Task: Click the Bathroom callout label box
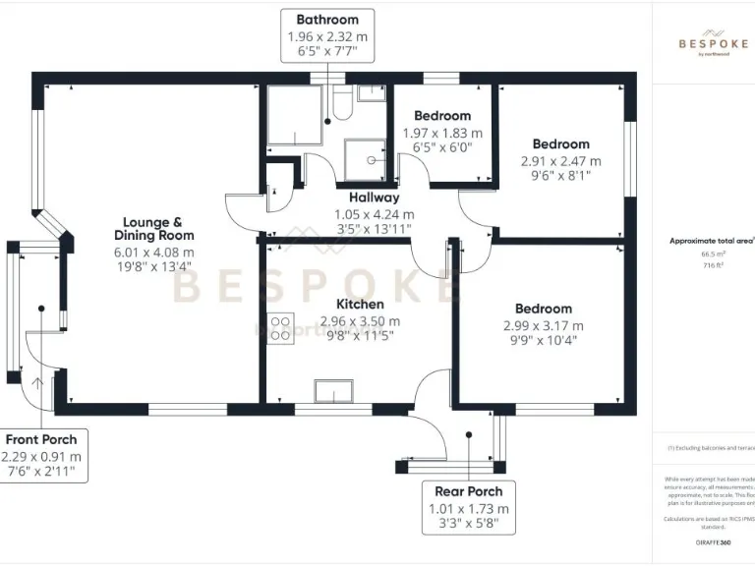point(327,36)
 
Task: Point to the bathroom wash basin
point(371,93)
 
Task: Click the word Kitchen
point(360,304)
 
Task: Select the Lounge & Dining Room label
point(153,228)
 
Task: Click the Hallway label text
point(374,198)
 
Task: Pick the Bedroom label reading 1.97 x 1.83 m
point(442,116)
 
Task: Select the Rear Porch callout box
point(469,508)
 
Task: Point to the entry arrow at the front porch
point(40,383)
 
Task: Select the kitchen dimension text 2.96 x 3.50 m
point(360,321)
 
